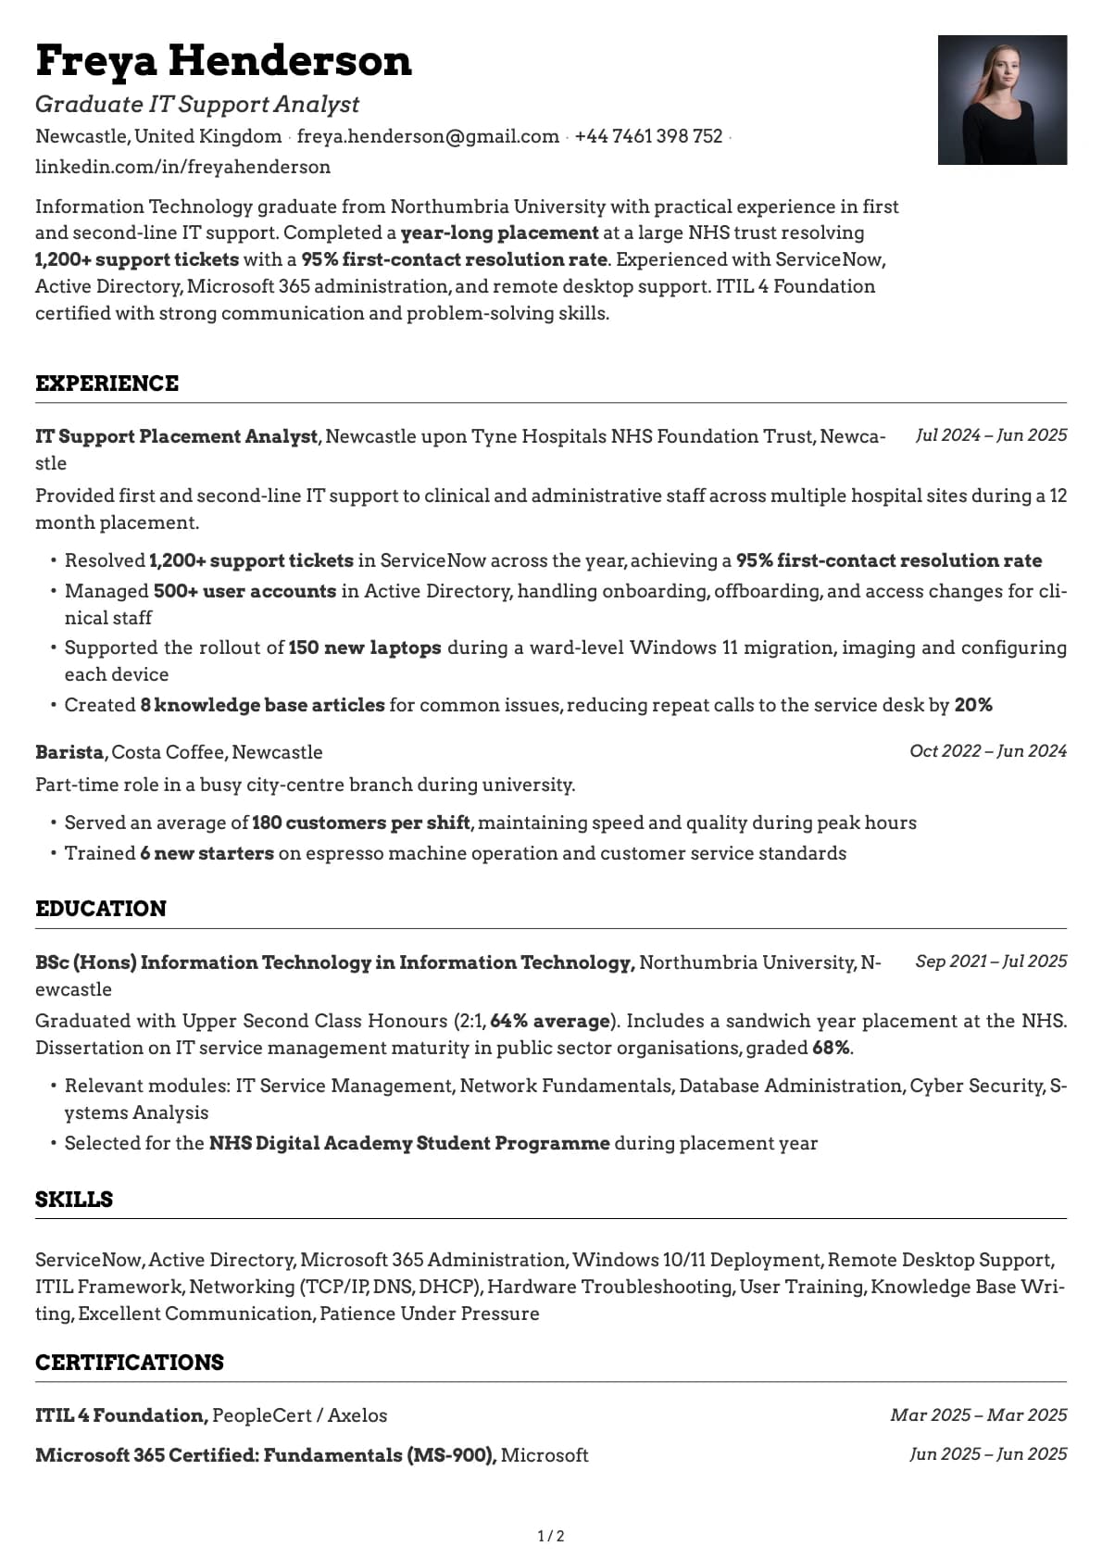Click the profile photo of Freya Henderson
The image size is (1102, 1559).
point(1002,100)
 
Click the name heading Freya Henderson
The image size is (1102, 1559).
point(223,61)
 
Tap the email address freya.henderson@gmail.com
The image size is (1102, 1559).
point(428,136)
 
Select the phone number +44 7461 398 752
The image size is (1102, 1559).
point(648,136)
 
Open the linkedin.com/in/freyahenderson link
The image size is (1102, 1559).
point(182,167)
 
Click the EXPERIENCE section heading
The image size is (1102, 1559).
point(106,383)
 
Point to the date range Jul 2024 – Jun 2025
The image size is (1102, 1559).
point(991,435)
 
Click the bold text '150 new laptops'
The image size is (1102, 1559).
point(365,647)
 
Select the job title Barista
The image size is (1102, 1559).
point(69,752)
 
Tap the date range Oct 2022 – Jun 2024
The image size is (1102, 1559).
point(987,751)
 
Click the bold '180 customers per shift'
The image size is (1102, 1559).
point(362,823)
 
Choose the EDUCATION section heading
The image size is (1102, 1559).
point(101,909)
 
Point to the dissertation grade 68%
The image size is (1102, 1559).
point(831,1048)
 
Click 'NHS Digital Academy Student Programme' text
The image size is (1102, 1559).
point(409,1143)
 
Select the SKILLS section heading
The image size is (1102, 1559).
point(74,1200)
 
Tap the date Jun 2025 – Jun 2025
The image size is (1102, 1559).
point(987,1454)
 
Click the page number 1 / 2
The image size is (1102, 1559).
point(551,1537)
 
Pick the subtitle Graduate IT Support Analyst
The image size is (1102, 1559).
point(197,105)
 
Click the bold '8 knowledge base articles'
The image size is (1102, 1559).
point(262,705)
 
